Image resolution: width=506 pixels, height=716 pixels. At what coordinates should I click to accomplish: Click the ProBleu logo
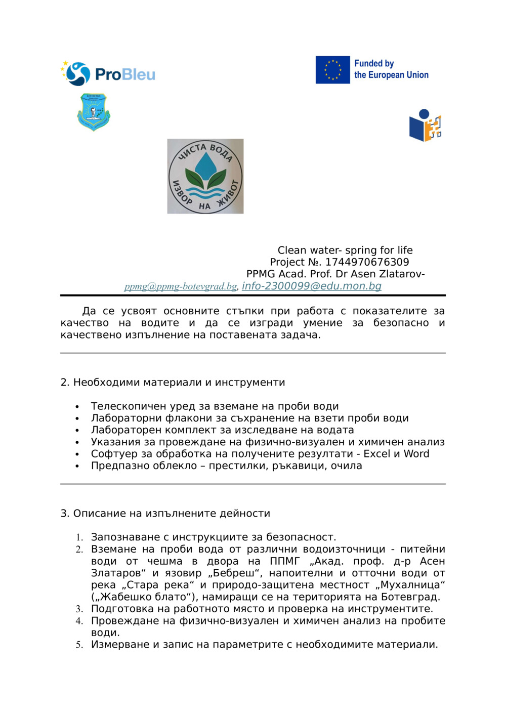coord(108,74)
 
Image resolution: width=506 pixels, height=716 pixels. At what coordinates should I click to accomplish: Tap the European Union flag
coord(332,70)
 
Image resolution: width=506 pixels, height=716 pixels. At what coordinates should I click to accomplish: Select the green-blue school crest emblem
coord(94,112)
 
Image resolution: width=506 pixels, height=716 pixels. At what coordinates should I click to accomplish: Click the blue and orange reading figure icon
coord(425,125)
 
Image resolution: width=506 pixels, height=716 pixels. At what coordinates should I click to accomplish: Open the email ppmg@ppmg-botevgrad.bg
coord(181,286)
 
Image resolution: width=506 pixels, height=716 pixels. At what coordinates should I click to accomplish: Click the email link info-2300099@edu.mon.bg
coord(311,286)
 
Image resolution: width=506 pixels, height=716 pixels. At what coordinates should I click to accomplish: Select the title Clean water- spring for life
coord(345,250)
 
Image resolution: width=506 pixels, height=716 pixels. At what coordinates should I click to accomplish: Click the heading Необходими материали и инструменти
coord(179,383)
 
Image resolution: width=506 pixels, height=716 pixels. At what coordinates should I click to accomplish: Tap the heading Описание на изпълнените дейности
coord(172,513)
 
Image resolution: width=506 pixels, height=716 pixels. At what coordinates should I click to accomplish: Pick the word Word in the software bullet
coord(416,454)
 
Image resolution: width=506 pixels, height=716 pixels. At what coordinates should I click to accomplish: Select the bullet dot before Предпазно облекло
coord(77,466)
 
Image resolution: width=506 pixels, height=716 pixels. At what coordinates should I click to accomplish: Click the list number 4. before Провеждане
coord(79,621)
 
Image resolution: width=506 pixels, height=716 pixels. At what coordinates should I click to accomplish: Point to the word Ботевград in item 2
coord(410,597)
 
